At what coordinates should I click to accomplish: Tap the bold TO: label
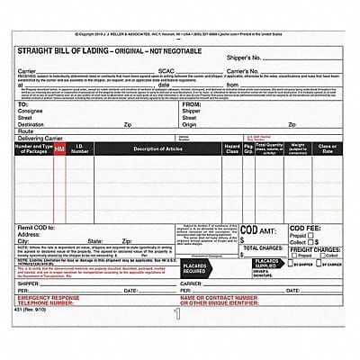pos(23,104)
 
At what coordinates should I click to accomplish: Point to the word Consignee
pos(32,112)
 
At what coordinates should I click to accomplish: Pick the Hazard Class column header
pos(232,147)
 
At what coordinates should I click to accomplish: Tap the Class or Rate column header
pos(327,148)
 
